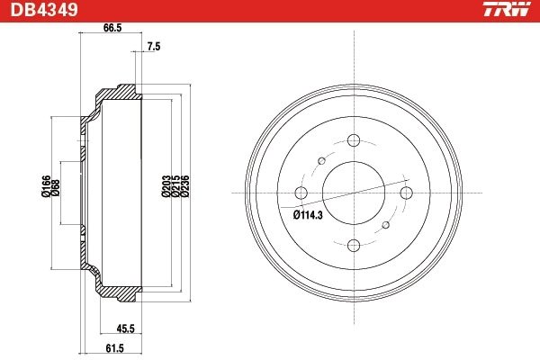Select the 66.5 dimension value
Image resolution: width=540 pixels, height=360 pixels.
[112, 29]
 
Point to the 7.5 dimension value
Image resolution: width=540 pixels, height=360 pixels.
[153, 47]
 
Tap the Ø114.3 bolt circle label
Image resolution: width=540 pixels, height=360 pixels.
[310, 215]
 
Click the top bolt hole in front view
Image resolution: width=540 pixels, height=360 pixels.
[353, 140]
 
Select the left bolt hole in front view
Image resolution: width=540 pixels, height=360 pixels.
[301, 193]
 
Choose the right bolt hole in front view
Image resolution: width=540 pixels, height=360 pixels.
[406, 193]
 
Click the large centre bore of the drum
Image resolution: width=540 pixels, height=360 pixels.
[353, 193]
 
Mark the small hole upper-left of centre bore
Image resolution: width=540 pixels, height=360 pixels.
[320, 160]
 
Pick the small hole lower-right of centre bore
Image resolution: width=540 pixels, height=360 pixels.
[386, 225]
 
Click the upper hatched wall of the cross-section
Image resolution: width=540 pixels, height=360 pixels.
[117, 92]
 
